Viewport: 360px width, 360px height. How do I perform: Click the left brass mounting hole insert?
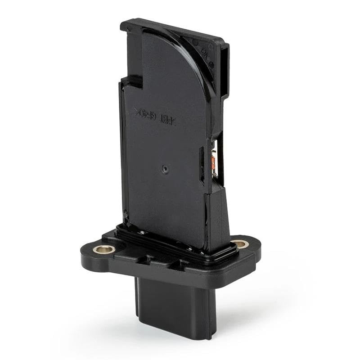(104, 249)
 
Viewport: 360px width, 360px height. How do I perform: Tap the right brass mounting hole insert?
(240, 244)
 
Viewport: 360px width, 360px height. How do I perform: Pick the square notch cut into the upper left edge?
(133, 81)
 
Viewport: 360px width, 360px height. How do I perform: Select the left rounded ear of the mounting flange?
(92, 254)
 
